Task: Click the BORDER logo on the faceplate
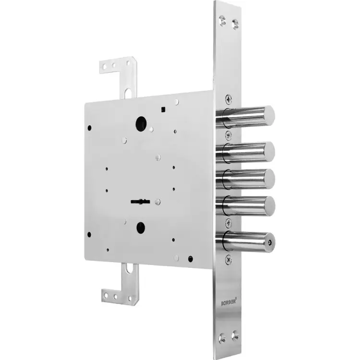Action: coord(228,301)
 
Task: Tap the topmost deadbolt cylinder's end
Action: coord(270,115)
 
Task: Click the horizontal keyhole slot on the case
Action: coord(140,202)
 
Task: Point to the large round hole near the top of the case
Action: coord(141,124)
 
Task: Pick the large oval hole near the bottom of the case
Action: coord(141,228)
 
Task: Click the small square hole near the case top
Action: coord(163,110)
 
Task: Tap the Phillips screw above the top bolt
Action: coord(228,99)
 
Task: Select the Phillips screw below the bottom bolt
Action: coord(228,260)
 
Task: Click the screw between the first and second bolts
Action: coord(228,135)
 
